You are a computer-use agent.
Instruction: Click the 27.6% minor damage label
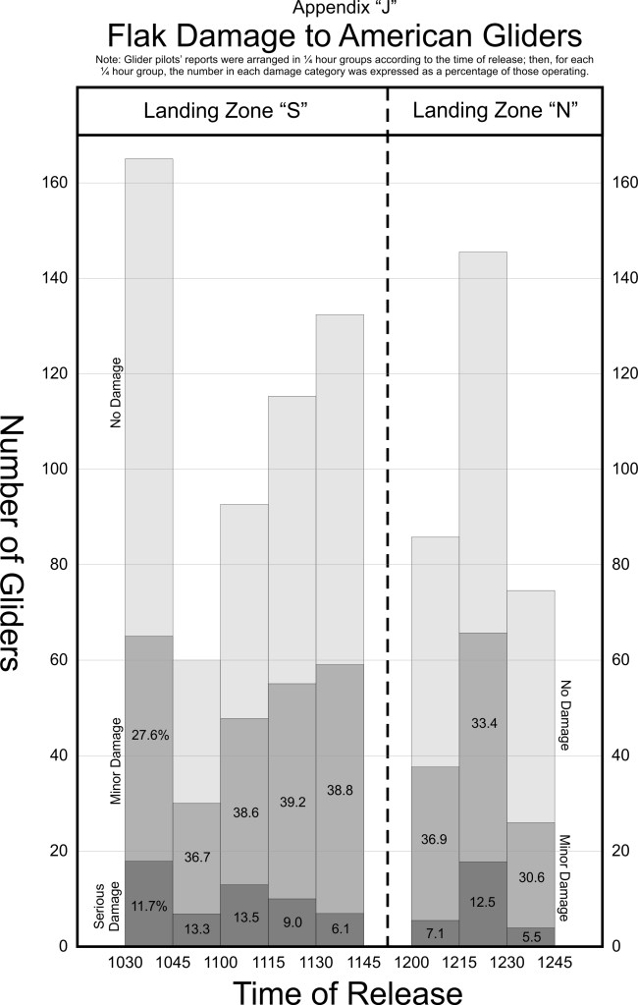click(149, 734)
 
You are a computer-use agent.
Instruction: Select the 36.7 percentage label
click(196, 857)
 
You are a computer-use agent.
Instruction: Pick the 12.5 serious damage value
click(484, 901)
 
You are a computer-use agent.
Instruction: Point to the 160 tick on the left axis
click(54, 183)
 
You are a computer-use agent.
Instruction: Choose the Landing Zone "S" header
click(233, 111)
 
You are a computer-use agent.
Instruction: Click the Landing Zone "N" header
click(495, 111)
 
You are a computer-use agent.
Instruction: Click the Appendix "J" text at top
click(332, 9)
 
